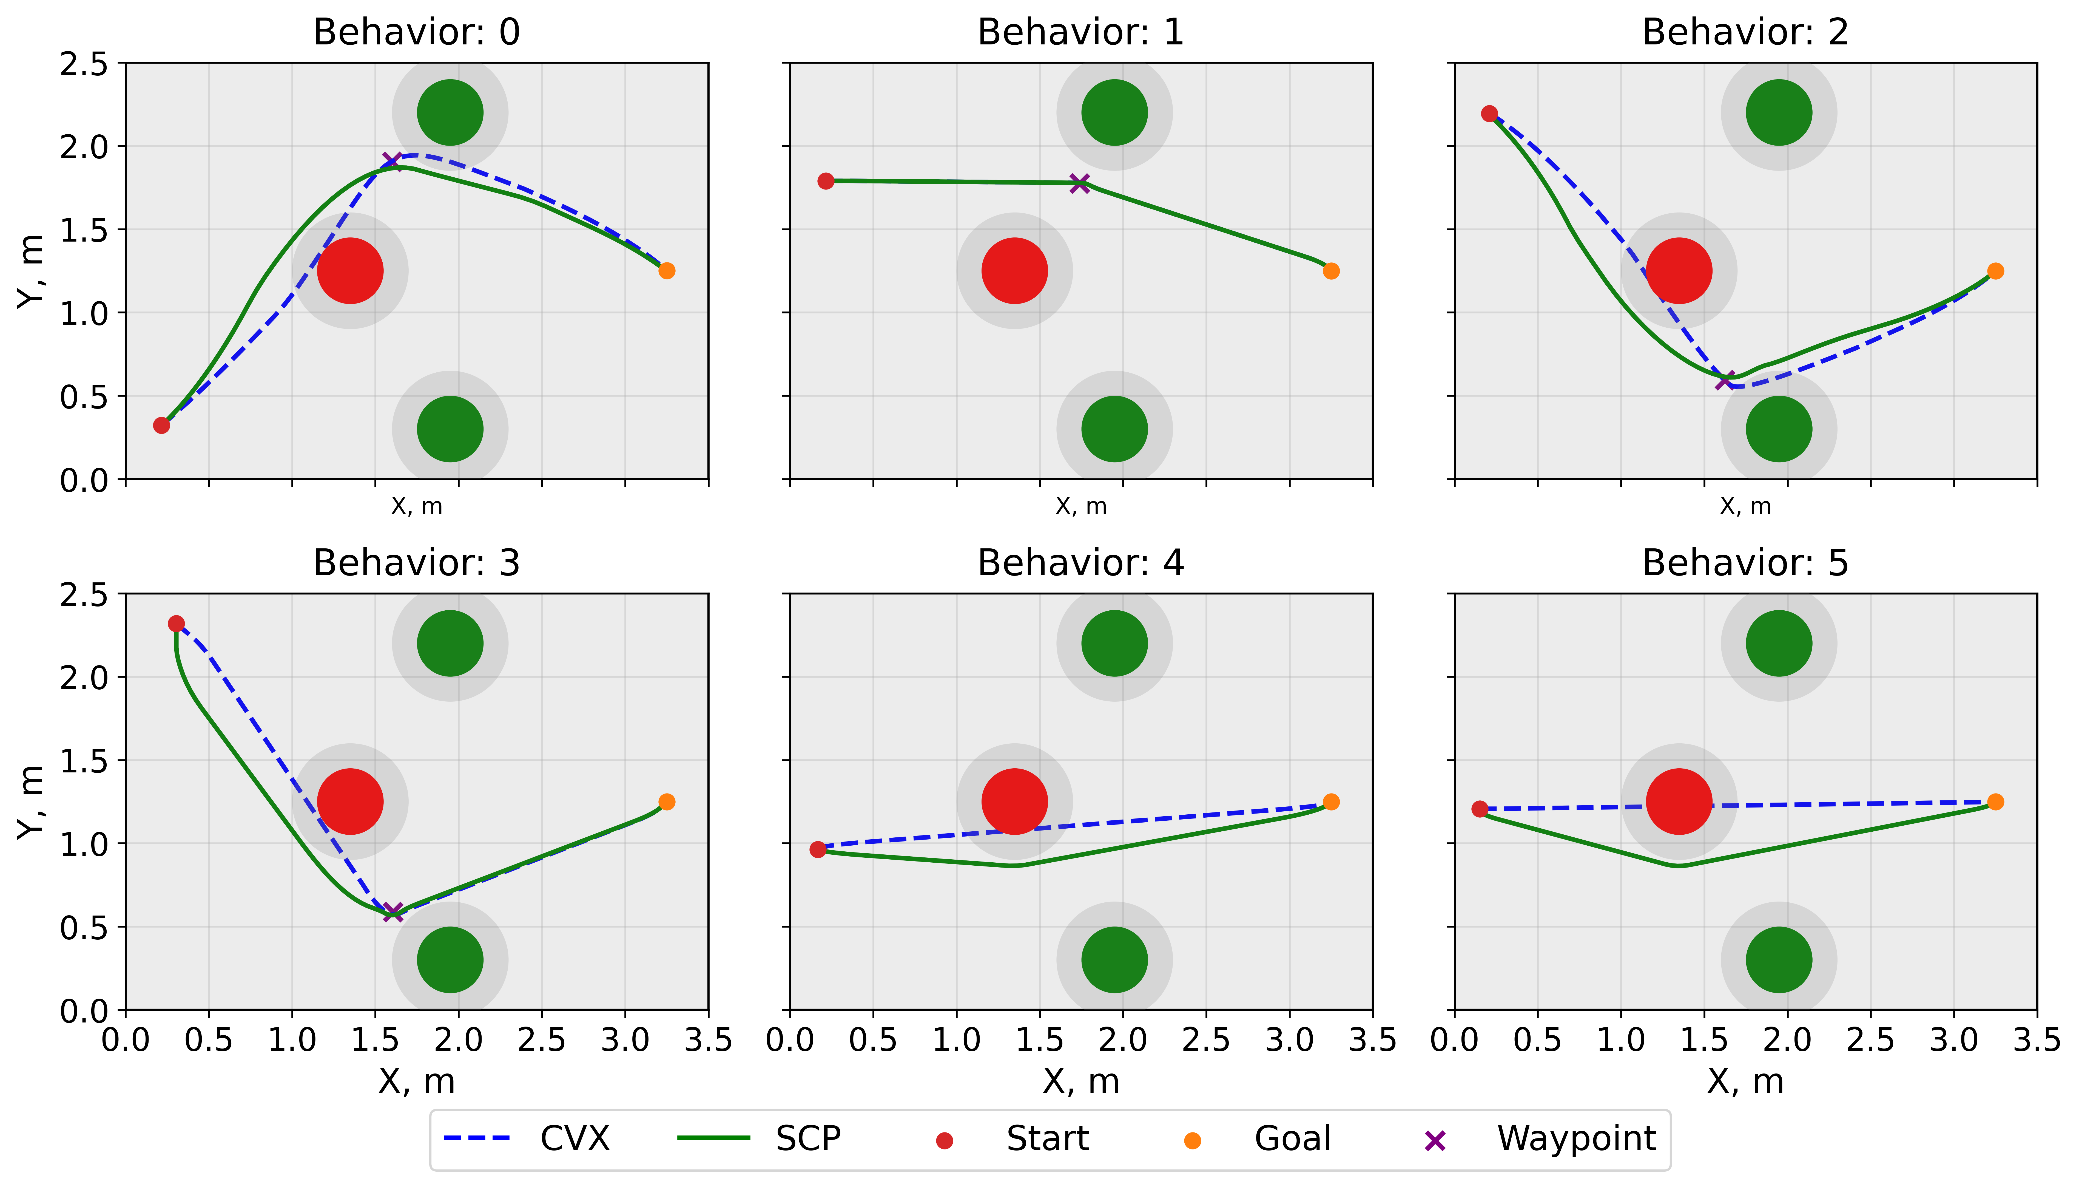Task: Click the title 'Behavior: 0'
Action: click(x=416, y=33)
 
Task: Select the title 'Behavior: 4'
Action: click(x=1081, y=563)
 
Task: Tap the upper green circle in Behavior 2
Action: click(x=1779, y=112)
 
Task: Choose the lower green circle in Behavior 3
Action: click(x=450, y=959)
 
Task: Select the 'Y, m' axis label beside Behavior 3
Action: click(x=31, y=801)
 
